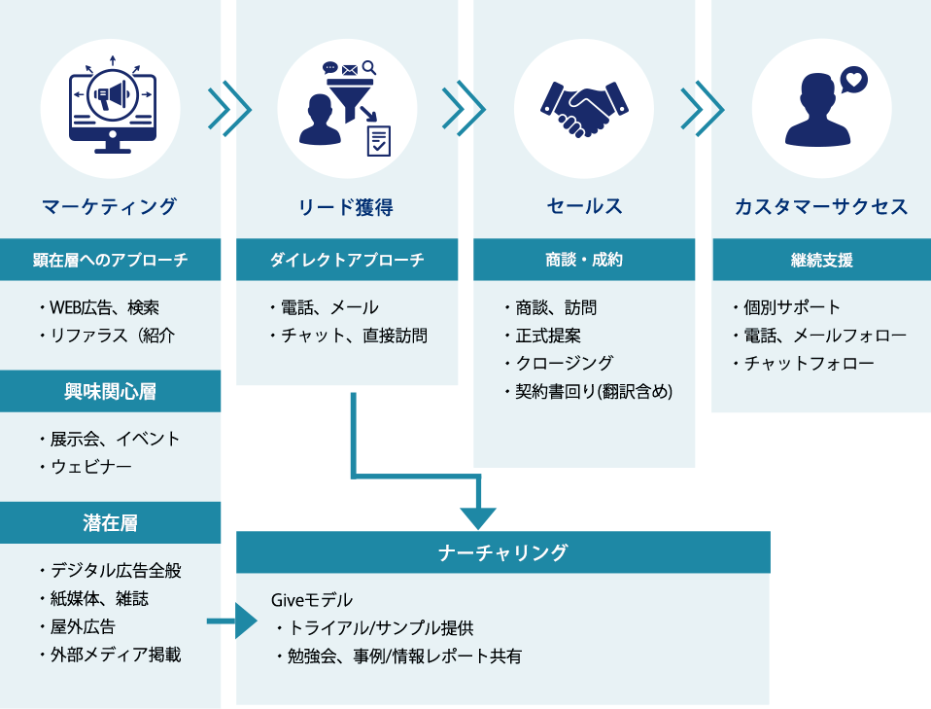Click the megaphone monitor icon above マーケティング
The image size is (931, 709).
click(x=111, y=108)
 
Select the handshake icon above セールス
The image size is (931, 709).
click(x=584, y=108)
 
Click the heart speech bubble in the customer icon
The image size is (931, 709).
click(x=853, y=79)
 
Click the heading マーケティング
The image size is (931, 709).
click(x=110, y=206)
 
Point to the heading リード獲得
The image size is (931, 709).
click(x=347, y=206)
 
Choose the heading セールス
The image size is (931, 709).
click(x=584, y=206)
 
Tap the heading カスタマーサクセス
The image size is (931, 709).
click(x=821, y=206)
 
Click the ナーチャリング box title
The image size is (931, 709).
click(x=502, y=552)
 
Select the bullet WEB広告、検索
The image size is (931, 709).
click(x=104, y=308)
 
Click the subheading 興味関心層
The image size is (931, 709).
click(x=110, y=392)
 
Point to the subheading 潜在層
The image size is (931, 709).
click(x=110, y=523)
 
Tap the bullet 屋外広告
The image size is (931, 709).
click(x=83, y=626)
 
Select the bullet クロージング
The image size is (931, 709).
click(x=564, y=363)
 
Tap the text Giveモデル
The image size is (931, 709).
click(x=311, y=600)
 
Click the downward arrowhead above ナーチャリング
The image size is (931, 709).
click(x=478, y=517)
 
